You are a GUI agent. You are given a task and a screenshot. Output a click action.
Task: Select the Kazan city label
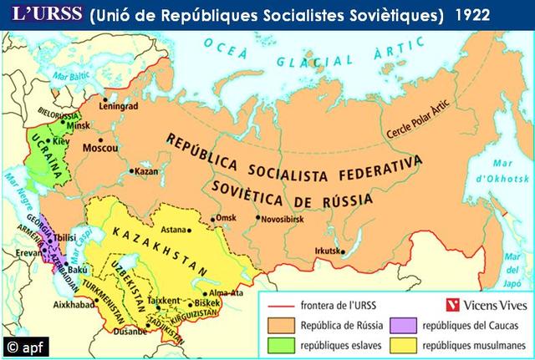[147, 170]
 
